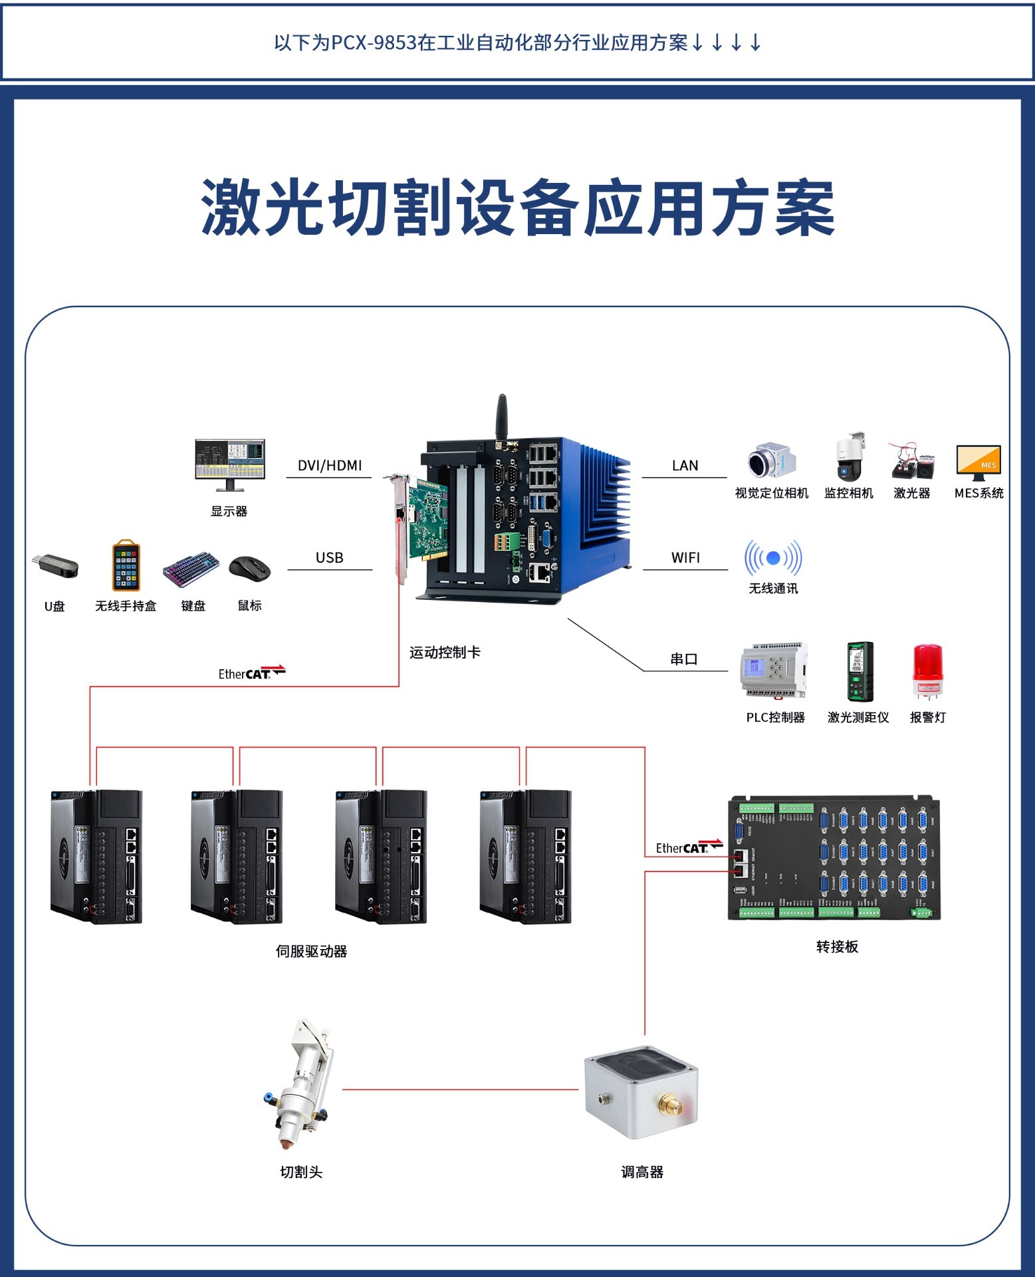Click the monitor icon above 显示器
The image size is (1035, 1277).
pos(230,463)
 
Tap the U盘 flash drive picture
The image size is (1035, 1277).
pos(56,566)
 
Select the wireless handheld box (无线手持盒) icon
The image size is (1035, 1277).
pos(126,566)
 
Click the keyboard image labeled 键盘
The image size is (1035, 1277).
pos(191,569)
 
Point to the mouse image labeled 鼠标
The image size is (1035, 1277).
pos(249,569)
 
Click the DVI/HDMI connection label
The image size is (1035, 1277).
pos(330,466)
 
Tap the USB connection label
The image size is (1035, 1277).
pos(330,557)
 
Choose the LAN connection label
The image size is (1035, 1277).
pos(685,466)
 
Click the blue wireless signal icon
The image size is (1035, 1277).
pos(773,558)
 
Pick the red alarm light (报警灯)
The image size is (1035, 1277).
pos(927,670)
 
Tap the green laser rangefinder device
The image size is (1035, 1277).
pos(860,671)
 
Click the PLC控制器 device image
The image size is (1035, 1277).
pos(774,670)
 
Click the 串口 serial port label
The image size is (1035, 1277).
pos(684,659)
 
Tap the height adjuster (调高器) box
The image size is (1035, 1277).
pos(641,1091)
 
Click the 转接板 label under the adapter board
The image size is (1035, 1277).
pos(837,946)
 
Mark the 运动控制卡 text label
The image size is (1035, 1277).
pos(445,652)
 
